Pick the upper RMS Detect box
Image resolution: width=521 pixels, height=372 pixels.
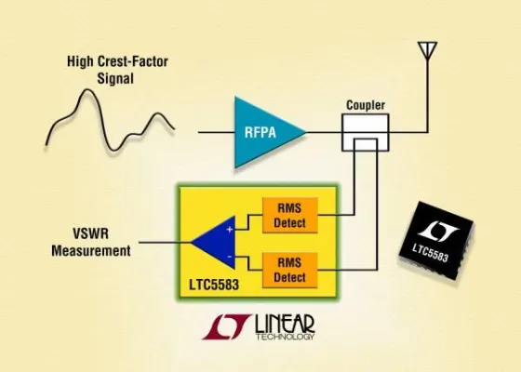pos(290,212)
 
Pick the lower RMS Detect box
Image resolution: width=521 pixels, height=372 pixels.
pos(290,263)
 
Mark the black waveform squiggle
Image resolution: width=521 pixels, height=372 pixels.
pos(107,121)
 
